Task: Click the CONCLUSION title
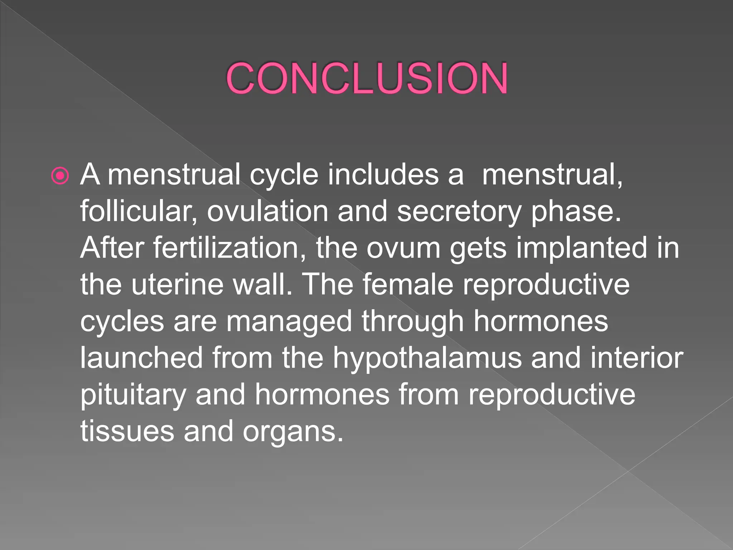click(x=366, y=78)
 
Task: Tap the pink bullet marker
click(x=60, y=176)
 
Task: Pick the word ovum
click(x=403, y=249)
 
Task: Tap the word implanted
click(x=581, y=249)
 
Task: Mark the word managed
click(x=289, y=322)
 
